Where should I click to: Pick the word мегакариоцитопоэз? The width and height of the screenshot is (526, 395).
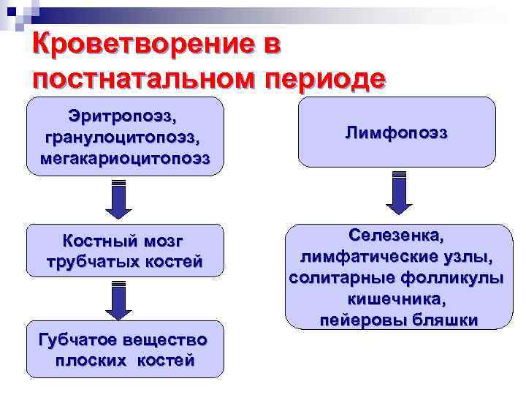point(124,157)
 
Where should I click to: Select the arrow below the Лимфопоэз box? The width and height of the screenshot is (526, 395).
point(399,193)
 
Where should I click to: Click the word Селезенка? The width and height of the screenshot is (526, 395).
point(396,236)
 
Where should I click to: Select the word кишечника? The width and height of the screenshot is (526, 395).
point(396,299)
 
